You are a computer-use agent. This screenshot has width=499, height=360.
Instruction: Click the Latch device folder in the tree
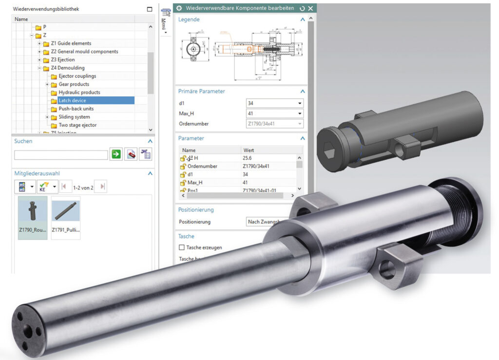coord(72,100)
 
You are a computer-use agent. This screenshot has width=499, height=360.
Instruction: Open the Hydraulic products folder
coord(79,92)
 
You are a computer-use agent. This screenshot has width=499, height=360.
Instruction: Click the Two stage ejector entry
coord(77,125)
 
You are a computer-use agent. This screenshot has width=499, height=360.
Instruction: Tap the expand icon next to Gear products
coord(47,84)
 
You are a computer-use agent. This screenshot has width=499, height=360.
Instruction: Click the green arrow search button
coord(116,155)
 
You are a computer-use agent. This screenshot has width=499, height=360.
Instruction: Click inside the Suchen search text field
coord(61,155)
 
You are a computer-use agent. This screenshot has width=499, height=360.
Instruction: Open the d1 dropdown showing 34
coord(299,103)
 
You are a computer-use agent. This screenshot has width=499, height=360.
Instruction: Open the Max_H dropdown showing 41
coord(299,114)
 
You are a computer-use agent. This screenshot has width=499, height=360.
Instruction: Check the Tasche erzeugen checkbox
coord(182,247)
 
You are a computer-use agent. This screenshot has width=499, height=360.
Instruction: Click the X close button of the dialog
coord(310,8)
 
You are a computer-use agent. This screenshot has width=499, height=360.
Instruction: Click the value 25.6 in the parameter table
coord(248,158)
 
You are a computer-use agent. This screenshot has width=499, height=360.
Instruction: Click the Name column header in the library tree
coord(21,19)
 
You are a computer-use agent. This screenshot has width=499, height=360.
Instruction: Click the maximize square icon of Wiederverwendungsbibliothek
coord(150,9)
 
